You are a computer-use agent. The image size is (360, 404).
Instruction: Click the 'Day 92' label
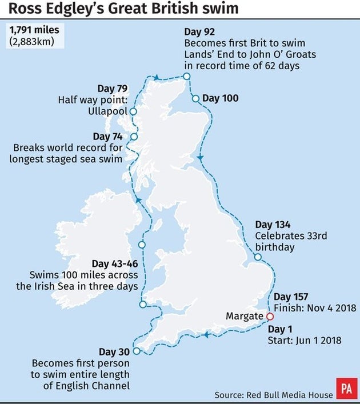click(199, 31)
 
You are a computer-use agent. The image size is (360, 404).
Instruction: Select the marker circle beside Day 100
click(195, 98)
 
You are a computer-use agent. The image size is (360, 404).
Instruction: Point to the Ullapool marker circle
click(133, 111)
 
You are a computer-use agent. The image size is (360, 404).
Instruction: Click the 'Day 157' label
click(290, 297)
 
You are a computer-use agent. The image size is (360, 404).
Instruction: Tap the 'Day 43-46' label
click(114, 263)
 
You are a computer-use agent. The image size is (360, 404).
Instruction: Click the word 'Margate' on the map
click(245, 316)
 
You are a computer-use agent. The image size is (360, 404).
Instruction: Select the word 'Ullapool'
click(108, 111)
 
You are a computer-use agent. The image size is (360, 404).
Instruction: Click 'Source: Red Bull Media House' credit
click(274, 394)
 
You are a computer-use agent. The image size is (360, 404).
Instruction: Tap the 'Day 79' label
click(113, 89)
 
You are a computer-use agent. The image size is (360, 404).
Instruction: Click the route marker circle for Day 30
click(135, 351)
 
